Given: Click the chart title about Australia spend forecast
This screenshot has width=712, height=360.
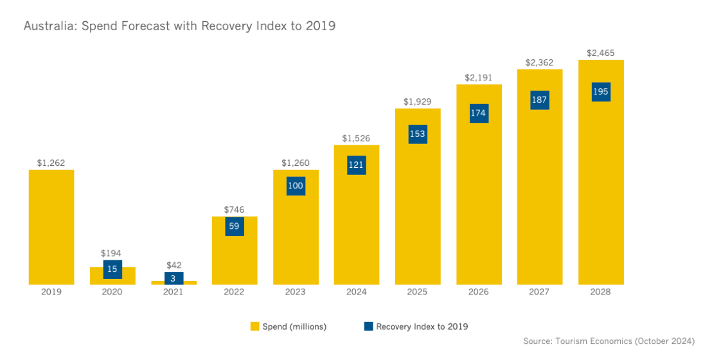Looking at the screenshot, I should click(180, 26).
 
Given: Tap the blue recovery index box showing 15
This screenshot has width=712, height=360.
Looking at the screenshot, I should click(112, 269).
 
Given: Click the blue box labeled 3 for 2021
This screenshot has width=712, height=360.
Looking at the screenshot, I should click(174, 278).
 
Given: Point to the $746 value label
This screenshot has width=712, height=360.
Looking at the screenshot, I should click(235, 210).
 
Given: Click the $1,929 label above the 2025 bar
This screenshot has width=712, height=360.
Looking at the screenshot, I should click(418, 102).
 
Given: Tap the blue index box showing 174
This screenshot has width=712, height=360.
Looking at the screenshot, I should click(479, 113).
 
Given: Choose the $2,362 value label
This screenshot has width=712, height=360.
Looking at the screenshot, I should click(540, 62).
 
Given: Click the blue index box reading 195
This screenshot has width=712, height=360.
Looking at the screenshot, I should click(601, 92).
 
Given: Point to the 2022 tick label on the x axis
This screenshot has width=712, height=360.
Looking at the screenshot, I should click(235, 292).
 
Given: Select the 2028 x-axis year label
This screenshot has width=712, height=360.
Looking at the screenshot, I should click(601, 292).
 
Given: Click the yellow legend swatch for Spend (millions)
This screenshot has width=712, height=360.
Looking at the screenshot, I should click(254, 327).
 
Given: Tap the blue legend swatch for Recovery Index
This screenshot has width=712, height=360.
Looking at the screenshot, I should click(368, 327).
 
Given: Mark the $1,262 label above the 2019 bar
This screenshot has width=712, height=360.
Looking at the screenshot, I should click(51, 163).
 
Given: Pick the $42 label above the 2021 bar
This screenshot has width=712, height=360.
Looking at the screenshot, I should click(174, 265).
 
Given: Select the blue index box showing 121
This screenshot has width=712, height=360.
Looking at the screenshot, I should click(357, 165).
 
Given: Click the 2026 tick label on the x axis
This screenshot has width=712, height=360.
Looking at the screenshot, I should click(479, 292).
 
